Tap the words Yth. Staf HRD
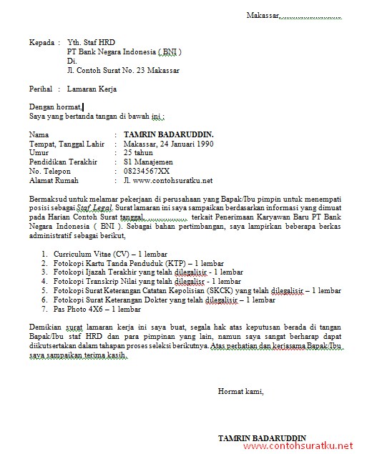click(91, 42)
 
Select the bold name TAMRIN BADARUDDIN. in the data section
click(168, 134)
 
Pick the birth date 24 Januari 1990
click(187, 143)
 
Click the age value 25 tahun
click(138, 152)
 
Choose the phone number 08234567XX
click(147, 171)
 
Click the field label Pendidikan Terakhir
click(63, 162)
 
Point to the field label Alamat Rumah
click(54, 180)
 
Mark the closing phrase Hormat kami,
click(241, 391)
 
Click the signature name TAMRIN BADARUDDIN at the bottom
click(262, 438)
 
